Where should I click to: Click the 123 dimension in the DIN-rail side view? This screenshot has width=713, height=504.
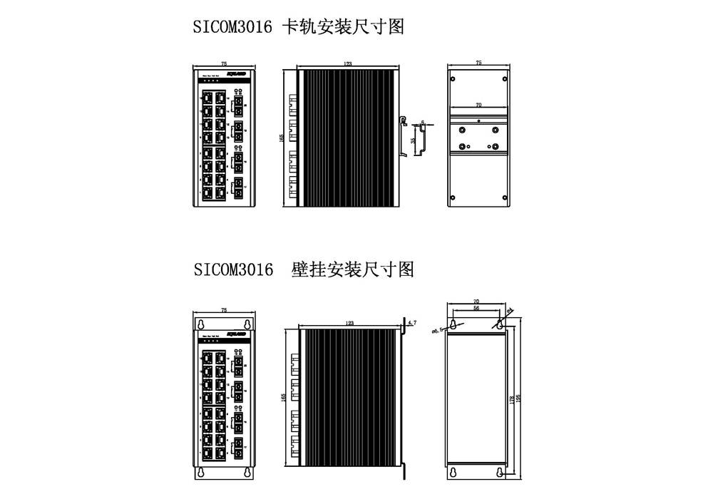[x=347, y=64]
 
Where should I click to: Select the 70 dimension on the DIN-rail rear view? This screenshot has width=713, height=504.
[x=478, y=106]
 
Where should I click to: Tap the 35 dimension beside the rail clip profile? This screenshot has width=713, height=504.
[x=413, y=140]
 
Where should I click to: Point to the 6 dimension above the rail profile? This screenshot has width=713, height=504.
[x=422, y=123]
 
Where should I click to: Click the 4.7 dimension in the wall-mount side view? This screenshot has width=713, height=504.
[x=411, y=323]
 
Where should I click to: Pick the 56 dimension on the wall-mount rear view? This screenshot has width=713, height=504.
[x=476, y=309]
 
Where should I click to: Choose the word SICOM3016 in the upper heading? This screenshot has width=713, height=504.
[x=232, y=27]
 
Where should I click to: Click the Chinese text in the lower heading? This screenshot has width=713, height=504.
[x=353, y=269]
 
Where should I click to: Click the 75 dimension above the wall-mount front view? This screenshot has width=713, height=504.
[x=225, y=311]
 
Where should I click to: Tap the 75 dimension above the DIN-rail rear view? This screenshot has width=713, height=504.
[x=478, y=63]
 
